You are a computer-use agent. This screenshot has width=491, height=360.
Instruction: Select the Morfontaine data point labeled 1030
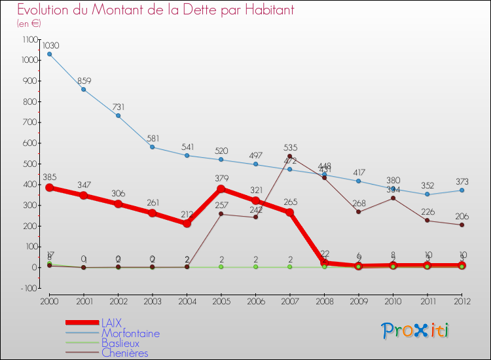[x=49, y=54]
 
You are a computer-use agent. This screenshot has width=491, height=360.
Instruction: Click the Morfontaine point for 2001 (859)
[x=83, y=89]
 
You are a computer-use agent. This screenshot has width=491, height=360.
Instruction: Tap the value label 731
[x=118, y=107]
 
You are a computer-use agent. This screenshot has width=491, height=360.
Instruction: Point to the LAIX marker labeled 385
[x=49, y=187]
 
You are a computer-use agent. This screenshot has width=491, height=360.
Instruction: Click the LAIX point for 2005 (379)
[x=221, y=189]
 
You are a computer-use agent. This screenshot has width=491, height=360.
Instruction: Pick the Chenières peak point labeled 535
[x=289, y=156]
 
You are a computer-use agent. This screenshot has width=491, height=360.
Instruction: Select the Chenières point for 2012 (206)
[x=462, y=225]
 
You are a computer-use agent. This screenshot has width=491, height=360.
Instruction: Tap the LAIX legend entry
[x=111, y=323]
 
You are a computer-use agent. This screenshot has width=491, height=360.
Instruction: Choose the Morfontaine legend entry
[x=130, y=333]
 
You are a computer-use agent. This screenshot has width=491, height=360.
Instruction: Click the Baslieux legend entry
[x=120, y=343]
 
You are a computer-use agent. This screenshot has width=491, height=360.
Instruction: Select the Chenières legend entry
[x=124, y=353]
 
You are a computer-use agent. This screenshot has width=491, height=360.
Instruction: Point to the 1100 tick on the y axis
[x=30, y=39]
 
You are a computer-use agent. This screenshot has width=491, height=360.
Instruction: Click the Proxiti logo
[x=416, y=331]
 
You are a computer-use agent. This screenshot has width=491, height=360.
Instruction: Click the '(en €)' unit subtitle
[x=29, y=24]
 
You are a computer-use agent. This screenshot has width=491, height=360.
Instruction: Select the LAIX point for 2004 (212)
[x=187, y=223]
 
